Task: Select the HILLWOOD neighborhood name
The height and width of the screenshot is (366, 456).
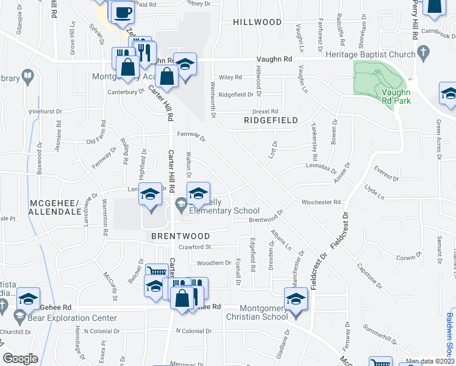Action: click(257, 22)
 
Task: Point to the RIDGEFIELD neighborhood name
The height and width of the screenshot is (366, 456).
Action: click(271, 120)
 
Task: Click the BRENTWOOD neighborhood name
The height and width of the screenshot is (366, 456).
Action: click(180, 236)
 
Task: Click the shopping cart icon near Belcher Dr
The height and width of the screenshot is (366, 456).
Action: click(157, 271)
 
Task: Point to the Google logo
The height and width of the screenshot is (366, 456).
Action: click(20, 358)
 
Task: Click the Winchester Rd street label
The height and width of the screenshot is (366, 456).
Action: click(320, 202)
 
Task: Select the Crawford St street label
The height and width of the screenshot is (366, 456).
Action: click(194, 247)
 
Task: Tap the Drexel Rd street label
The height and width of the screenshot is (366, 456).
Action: click(265, 111)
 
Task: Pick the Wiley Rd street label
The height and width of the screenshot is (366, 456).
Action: click(230, 77)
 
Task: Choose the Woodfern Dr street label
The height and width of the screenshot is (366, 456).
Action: click(214, 263)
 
